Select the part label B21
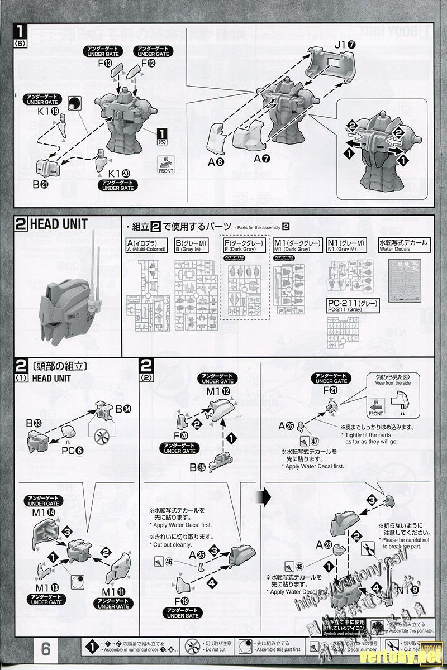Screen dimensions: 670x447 click(x=40, y=183)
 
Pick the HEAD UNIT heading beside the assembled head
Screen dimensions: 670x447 click(x=60, y=224)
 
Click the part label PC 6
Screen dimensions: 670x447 click(x=72, y=449)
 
